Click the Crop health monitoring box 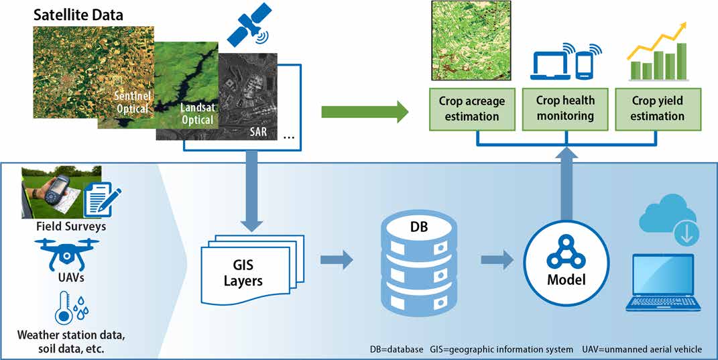pos(565,108)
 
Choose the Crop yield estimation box pos(658,108)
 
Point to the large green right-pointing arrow pos(364,111)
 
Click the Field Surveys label pos(71,227)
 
